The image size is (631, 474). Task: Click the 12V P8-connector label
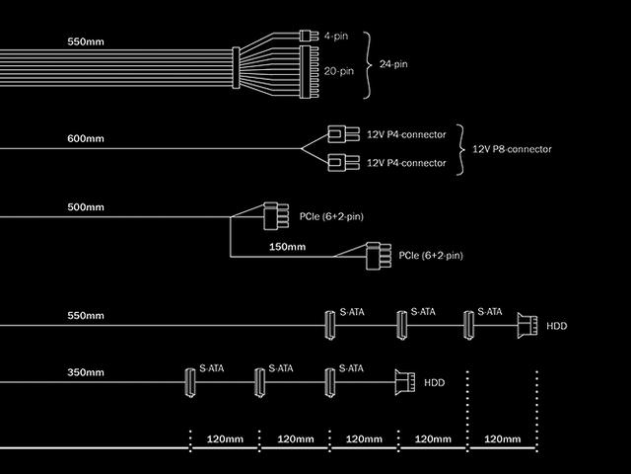(512, 149)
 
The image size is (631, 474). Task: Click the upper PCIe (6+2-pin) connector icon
(272, 213)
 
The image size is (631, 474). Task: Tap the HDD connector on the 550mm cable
(526, 325)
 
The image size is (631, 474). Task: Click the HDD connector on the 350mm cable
(403, 381)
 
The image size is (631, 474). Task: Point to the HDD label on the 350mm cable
(435, 381)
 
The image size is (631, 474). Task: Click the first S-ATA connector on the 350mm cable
(188, 382)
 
